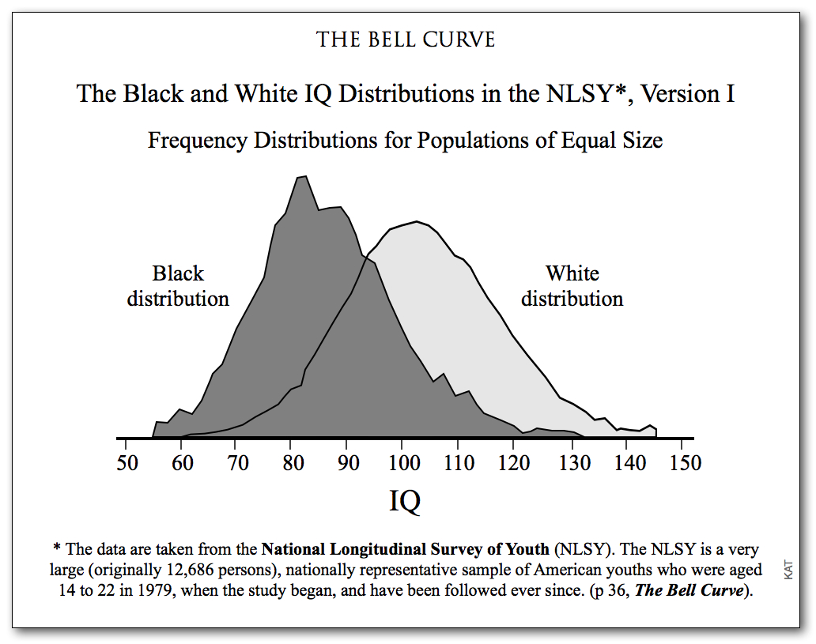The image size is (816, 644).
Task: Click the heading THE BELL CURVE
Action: pyautogui.click(x=406, y=40)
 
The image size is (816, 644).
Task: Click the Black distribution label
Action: pyautogui.click(x=178, y=286)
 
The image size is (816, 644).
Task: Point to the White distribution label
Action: pyautogui.click(x=572, y=286)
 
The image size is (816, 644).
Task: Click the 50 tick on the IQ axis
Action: pyautogui.click(x=127, y=463)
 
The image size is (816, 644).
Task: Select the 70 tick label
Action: pyautogui.click(x=238, y=463)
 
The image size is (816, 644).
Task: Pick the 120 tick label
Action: pyautogui.click(x=515, y=463)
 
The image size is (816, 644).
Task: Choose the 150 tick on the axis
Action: pyautogui.click(x=685, y=463)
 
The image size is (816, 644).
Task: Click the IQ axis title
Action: pyautogui.click(x=405, y=500)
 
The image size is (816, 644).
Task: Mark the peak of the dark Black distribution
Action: pyautogui.click(x=302, y=177)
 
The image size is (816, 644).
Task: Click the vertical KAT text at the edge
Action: pyautogui.click(x=788, y=570)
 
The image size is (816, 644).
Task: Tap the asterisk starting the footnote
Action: pyautogui.click(x=57, y=548)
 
